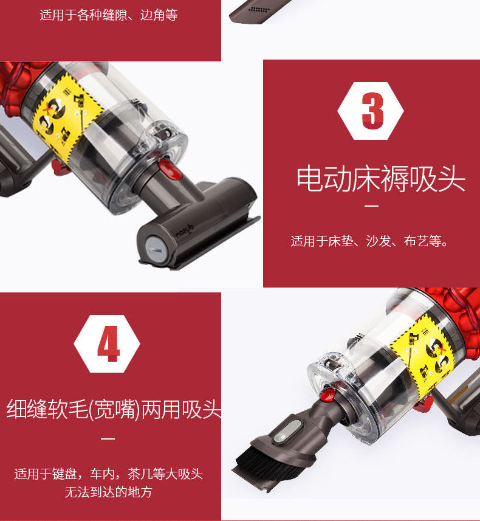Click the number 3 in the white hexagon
[372, 111]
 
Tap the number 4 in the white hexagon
[108, 343]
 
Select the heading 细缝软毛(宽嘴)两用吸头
[114, 409]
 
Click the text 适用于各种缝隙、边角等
[109, 15]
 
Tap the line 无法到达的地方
[108, 492]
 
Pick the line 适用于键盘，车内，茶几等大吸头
[109, 474]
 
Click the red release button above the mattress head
[170, 170]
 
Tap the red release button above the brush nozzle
[327, 395]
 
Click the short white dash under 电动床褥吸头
[372, 206]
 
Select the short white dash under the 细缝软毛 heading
[108, 438]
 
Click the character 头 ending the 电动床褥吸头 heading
[451, 179]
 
